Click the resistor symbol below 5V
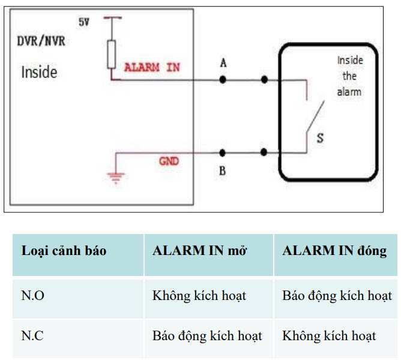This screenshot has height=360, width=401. [111, 53]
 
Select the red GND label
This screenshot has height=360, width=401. [168, 161]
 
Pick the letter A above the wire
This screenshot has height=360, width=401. [223, 63]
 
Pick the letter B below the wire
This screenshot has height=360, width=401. [223, 171]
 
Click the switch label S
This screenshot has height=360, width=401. [320, 138]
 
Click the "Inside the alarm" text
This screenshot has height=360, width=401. [349, 76]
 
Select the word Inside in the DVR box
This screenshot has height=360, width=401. [39, 73]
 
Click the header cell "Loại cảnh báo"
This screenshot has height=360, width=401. [64, 251]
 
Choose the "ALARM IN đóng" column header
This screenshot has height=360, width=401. [334, 251]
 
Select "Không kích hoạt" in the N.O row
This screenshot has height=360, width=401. [199, 296]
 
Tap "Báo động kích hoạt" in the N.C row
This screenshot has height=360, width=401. [207, 335]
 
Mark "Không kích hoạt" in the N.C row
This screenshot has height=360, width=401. [329, 335]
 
